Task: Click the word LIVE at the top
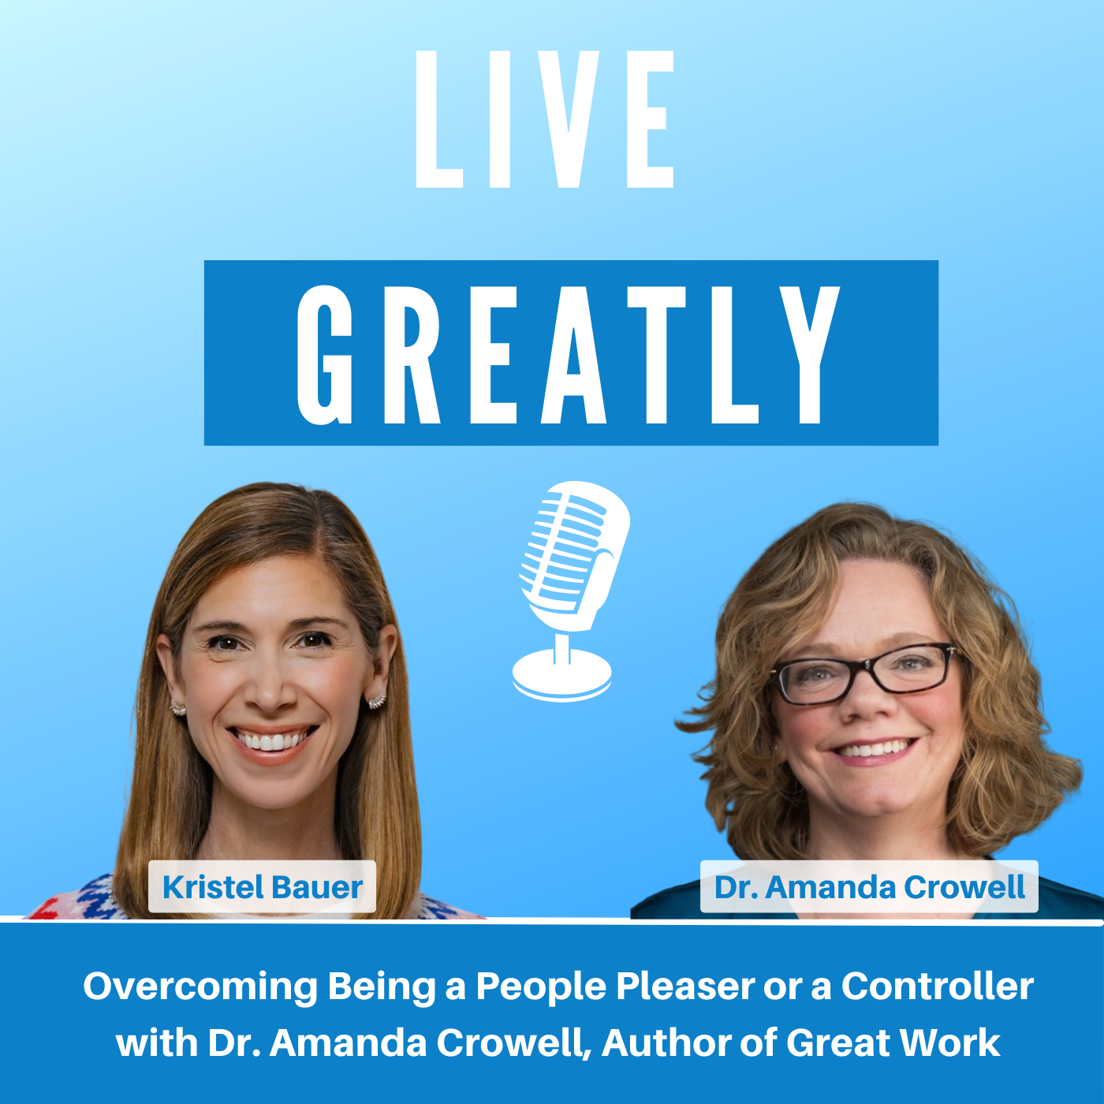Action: click(544, 119)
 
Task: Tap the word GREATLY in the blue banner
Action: click(568, 355)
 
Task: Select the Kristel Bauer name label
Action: click(262, 886)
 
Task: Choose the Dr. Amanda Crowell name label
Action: click(869, 886)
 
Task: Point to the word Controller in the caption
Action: click(938, 986)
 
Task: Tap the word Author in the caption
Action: click(667, 1042)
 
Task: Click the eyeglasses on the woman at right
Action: click(863, 672)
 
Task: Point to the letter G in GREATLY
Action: click(324, 355)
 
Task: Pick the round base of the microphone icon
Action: click(562, 676)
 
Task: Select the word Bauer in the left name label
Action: click(317, 887)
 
